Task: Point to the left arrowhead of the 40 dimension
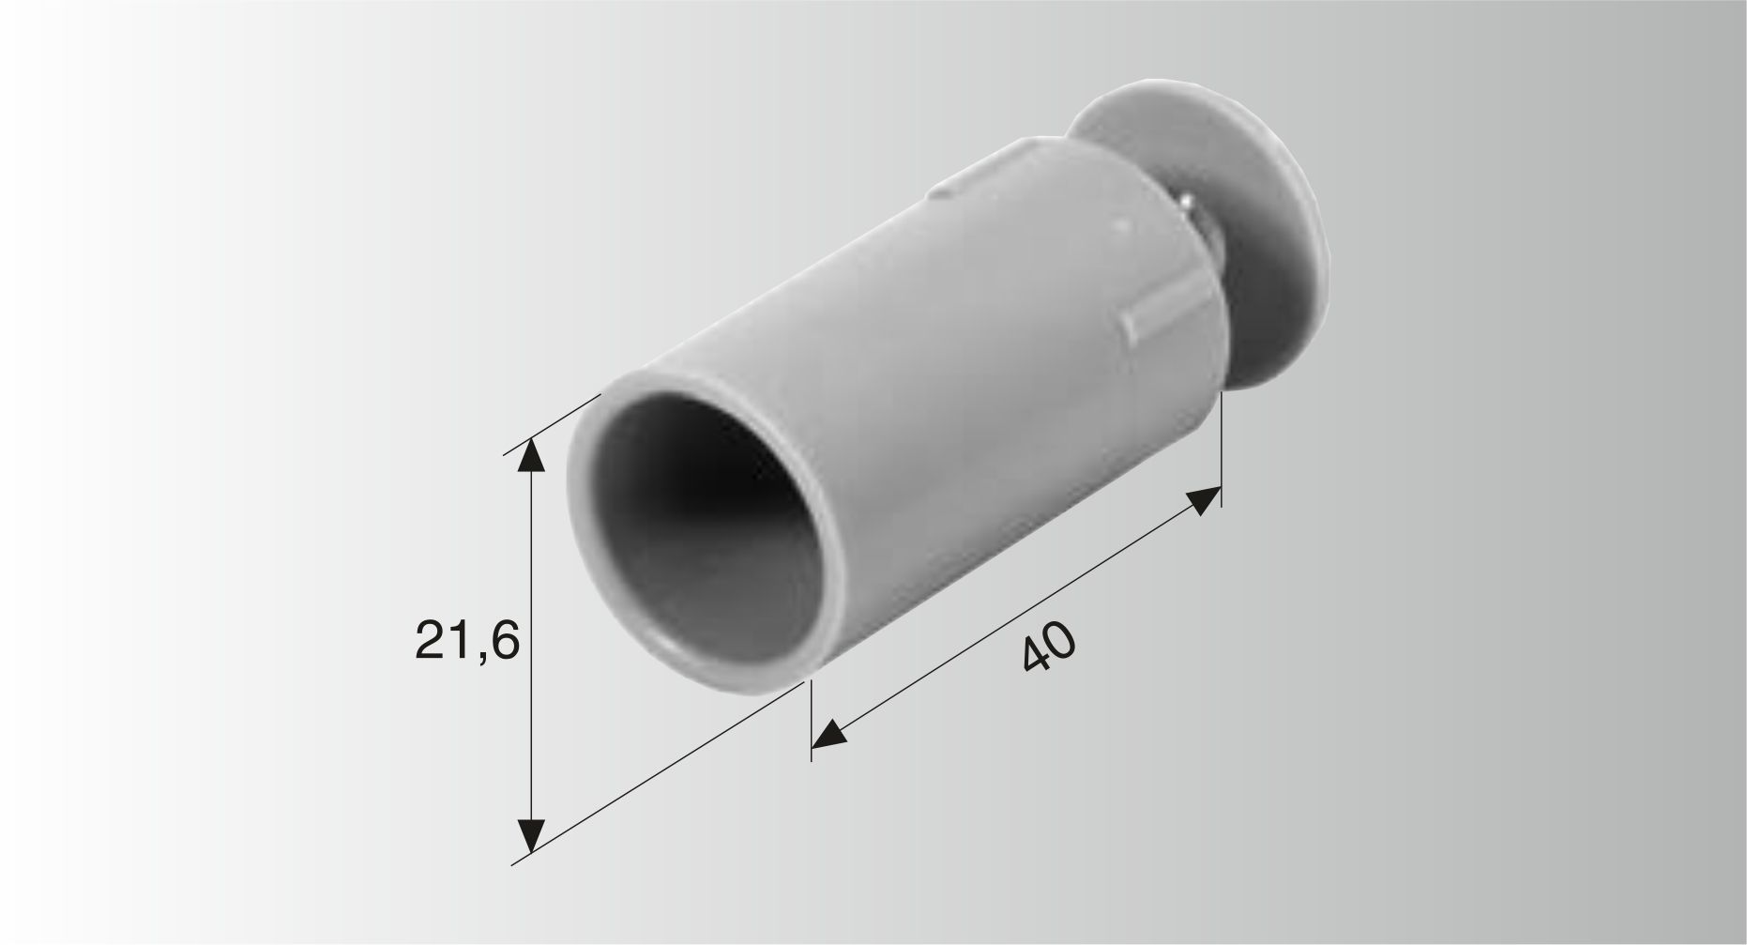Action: coord(828,735)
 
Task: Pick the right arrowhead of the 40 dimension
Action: coord(1205,499)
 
